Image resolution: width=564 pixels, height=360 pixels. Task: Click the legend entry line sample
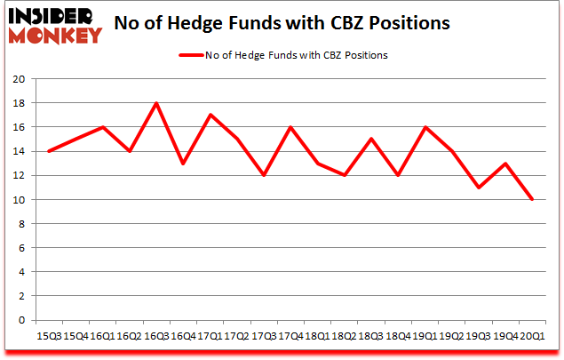pos(197,55)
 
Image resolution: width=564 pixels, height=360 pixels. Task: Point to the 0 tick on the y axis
pos(20,320)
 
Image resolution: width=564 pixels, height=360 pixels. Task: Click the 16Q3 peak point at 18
pos(156,103)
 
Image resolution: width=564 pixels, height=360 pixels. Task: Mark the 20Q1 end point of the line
pos(532,199)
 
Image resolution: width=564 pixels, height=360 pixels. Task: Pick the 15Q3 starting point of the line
pos(49,151)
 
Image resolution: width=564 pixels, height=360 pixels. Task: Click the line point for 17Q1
pos(210,115)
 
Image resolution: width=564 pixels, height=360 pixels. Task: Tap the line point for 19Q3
pos(479,188)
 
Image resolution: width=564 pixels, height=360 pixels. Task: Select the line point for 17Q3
pos(263,175)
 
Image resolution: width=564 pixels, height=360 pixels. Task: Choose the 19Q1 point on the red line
pos(425,127)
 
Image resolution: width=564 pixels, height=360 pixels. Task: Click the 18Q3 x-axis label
pos(370,337)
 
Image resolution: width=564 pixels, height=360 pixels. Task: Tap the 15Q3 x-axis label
pos(49,337)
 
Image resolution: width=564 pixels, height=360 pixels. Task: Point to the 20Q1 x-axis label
pos(532,337)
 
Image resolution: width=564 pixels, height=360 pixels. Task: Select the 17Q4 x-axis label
pos(290,337)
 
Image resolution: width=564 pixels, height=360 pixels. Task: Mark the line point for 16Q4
pos(183,164)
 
